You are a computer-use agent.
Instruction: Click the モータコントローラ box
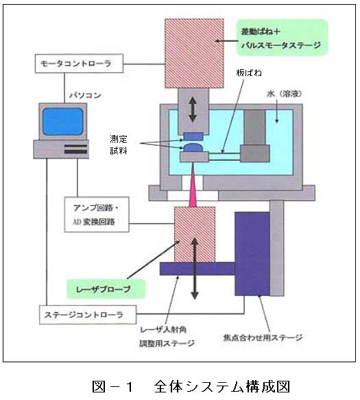click(79, 64)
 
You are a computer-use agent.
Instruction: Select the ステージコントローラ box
click(88, 315)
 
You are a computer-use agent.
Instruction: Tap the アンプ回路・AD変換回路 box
click(97, 215)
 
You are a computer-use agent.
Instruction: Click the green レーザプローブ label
click(106, 289)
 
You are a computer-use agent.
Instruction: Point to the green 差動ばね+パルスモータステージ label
click(282, 38)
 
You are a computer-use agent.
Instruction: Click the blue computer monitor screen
click(62, 121)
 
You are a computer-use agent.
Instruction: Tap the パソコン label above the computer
click(86, 95)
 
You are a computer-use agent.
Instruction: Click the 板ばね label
click(249, 73)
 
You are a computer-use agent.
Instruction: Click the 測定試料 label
click(119, 145)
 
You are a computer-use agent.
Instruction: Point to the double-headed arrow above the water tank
click(193, 110)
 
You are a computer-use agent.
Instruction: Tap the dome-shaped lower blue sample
click(193, 148)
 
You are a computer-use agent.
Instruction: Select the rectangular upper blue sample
click(193, 137)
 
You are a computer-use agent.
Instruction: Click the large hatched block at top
click(194, 54)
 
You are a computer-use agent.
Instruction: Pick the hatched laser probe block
click(195, 235)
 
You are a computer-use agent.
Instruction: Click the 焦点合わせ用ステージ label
click(263, 338)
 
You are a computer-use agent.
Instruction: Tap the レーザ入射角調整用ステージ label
click(167, 336)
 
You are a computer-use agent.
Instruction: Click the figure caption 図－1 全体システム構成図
click(191, 386)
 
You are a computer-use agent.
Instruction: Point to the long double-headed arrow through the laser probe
click(195, 268)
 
